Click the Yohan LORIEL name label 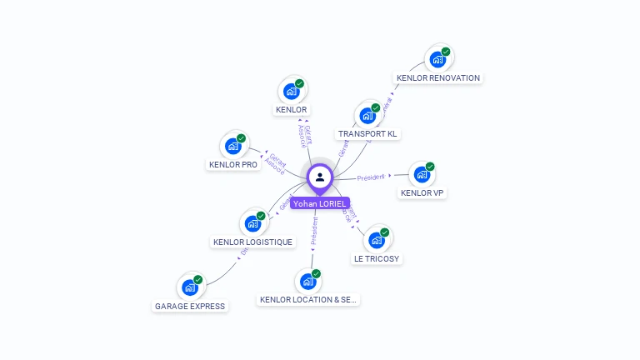[x=320, y=203]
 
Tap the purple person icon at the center [x=320, y=177]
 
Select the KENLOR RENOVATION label [x=438, y=78]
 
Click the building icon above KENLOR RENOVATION [x=437, y=60]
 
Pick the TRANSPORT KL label [x=368, y=134]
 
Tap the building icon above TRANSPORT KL [x=367, y=116]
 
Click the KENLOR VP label [x=422, y=193]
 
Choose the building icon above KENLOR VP [x=422, y=175]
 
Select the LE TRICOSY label [x=377, y=259]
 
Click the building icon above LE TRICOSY [x=377, y=241]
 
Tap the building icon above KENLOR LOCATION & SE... [x=308, y=282]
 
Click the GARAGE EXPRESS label [x=190, y=307]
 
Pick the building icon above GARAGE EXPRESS [x=190, y=288]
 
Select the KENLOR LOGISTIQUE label [x=253, y=242]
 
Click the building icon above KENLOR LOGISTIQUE [x=252, y=224]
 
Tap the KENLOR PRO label [x=233, y=165]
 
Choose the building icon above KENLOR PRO [x=233, y=147]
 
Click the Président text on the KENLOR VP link [x=371, y=178]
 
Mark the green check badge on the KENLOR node [x=299, y=83]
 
